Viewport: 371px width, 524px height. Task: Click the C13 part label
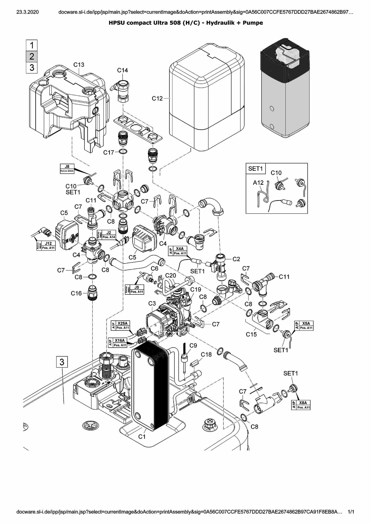point(79,65)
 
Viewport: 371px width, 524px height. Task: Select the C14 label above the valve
point(122,70)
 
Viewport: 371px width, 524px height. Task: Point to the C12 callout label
point(157,98)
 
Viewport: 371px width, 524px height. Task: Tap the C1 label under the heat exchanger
point(142,437)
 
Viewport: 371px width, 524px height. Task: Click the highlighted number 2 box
point(32,56)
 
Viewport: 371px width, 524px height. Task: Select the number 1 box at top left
point(32,45)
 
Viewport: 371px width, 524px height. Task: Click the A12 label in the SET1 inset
point(258,183)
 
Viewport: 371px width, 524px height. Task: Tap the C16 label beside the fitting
point(76,293)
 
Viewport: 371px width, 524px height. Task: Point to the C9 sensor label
point(193,346)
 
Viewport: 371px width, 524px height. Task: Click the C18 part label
point(206,355)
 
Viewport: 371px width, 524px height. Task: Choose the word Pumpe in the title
point(253,23)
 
